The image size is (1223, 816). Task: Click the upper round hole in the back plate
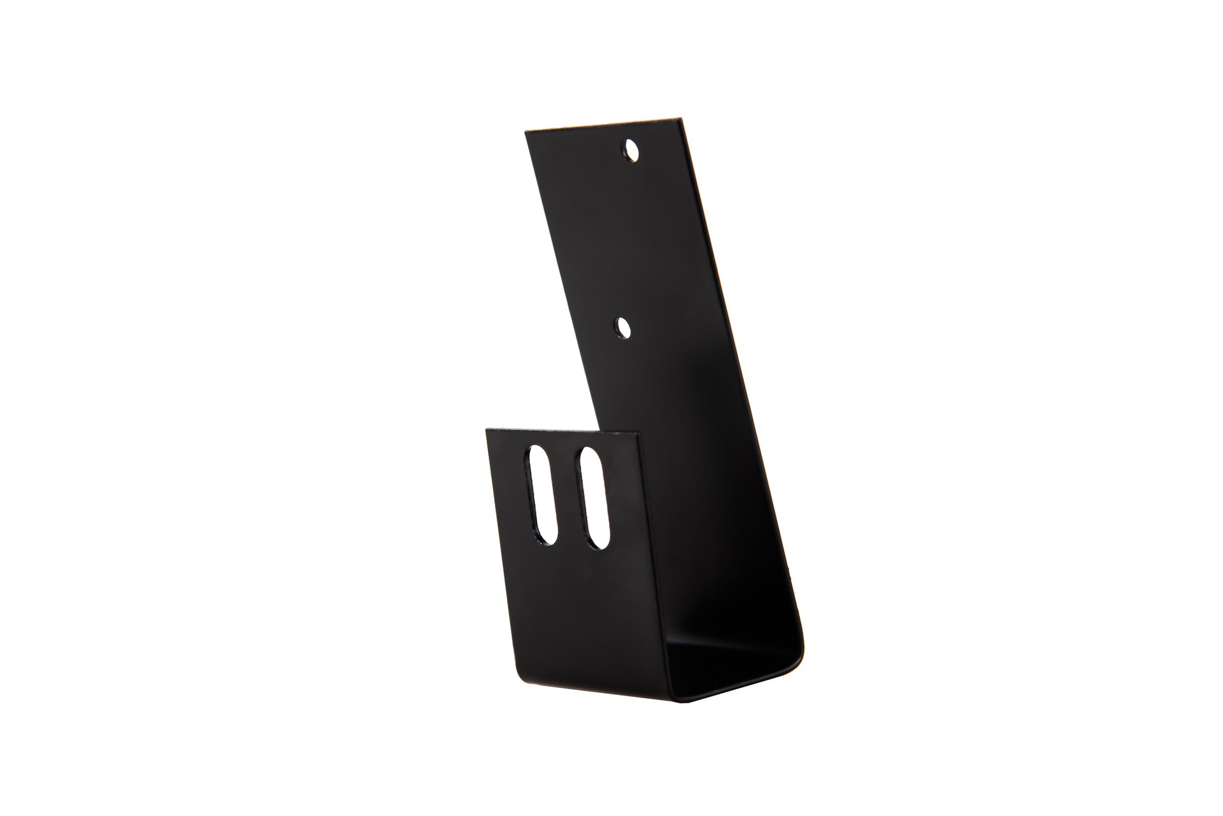(633, 151)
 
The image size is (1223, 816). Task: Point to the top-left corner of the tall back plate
(526, 132)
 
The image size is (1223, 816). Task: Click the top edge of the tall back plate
(601, 125)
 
